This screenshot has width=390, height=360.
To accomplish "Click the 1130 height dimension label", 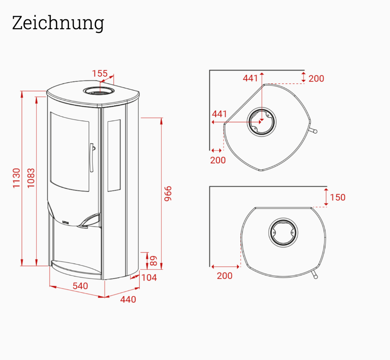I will tap(16, 178).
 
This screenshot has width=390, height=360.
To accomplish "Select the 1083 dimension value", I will tap(31, 178).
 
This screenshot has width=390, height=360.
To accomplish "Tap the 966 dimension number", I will tap(167, 194).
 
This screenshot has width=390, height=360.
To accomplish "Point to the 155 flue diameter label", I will tap(99, 73).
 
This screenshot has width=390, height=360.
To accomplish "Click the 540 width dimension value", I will tap(80, 286).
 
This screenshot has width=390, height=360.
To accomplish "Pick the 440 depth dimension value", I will tap(128, 299).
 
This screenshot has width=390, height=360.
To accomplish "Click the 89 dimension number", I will tap(153, 260).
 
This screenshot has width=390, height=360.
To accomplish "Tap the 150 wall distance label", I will tap(337, 198).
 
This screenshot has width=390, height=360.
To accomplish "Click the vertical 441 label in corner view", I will tap(250, 78).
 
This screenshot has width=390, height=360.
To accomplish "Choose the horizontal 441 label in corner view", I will tap(219, 114).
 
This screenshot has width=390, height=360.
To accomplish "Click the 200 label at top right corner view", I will tap(316, 78).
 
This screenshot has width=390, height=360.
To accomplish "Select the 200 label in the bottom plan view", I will tap(224, 276).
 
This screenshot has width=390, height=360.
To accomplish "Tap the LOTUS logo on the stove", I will tap(66, 222).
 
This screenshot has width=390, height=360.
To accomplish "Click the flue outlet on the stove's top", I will tap(99, 91).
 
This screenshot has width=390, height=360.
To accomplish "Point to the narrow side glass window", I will tap(114, 155).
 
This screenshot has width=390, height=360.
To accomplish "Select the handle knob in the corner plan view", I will tap(314, 131).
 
